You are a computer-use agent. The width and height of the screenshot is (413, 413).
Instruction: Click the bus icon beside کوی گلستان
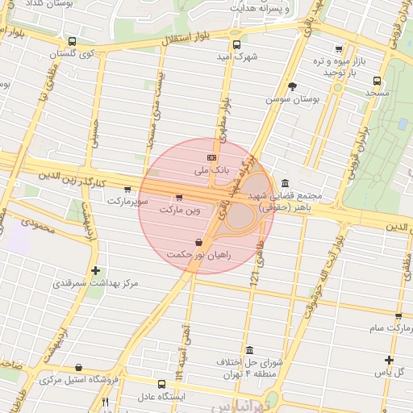[73, 41]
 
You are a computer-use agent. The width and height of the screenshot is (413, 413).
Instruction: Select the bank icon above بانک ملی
[212, 157]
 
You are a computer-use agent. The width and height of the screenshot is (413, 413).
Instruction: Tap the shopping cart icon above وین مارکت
[178, 197]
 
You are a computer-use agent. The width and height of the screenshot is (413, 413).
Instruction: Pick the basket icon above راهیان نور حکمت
[198, 242]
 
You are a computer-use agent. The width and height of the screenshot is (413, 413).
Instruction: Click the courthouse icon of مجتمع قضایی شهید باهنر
[286, 183]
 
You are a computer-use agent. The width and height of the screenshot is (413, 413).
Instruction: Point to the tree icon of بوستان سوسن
[292, 86]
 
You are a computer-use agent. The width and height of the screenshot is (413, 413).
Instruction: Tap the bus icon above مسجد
[376, 81]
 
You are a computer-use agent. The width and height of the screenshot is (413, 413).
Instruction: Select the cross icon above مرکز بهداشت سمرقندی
[96, 270]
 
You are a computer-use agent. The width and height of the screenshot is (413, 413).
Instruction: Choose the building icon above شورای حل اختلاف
[250, 351]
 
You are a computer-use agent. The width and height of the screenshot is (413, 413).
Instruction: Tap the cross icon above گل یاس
[389, 360]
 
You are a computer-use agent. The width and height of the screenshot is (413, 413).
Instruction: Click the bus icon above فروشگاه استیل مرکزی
[78, 368]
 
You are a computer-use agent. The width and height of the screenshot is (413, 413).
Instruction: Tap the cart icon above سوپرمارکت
[127, 190]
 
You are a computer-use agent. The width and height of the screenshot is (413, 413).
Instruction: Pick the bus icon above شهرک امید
[236, 45]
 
